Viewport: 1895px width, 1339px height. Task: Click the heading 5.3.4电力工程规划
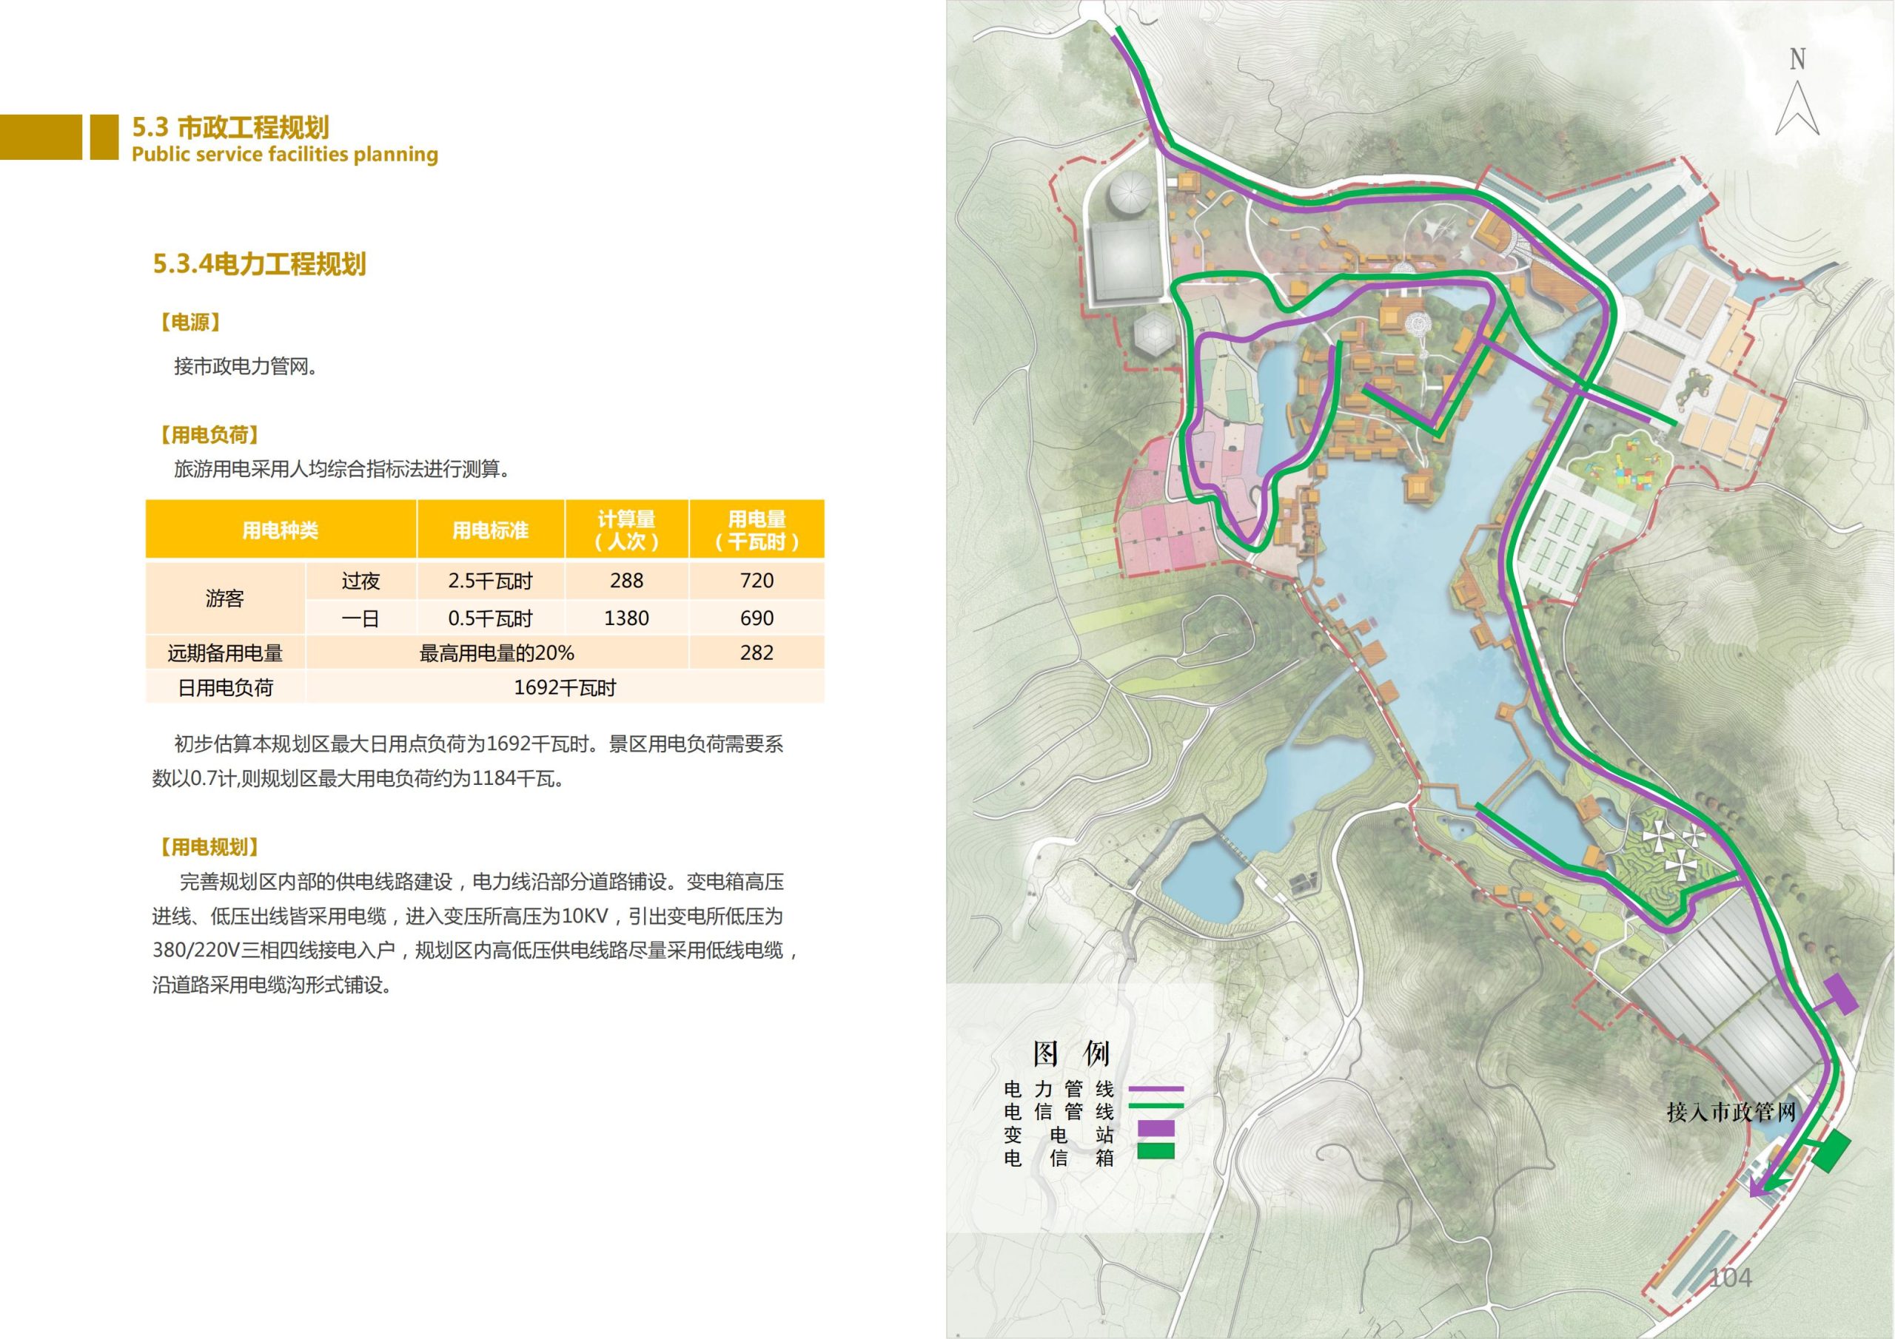[259, 264]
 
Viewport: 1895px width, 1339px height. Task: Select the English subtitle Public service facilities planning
[285, 155]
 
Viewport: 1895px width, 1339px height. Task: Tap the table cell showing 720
[756, 581]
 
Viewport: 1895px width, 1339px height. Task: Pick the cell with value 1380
[626, 618]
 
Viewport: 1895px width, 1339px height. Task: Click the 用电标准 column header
[490, 530]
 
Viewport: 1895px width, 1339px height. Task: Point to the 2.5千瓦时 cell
[490, 581]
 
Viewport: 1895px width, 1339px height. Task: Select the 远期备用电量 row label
[225, 652]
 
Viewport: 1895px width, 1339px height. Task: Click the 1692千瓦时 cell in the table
[565, 687]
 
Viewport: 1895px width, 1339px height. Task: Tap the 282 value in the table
[756, 652]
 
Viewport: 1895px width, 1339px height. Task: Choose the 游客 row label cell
[225, 598]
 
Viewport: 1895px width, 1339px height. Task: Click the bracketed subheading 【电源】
[189, 323]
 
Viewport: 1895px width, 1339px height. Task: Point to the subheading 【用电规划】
[209, 846]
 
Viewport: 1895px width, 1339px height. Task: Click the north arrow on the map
[1797, 107]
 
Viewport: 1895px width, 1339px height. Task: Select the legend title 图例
[1071, 1053]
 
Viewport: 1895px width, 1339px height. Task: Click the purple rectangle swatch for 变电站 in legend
[1156, 1129]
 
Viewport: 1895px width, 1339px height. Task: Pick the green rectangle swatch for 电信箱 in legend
[1156, 1151]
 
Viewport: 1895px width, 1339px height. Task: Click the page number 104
[1729, 1278]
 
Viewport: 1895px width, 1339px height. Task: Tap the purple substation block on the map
[1839, 994]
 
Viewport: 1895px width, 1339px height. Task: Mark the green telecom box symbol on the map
[1831, 1151]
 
